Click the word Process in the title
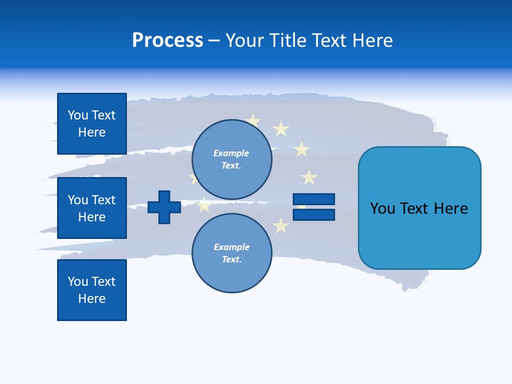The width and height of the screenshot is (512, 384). (167, 41)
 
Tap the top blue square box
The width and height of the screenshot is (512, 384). (92, 124)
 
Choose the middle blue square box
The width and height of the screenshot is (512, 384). (92, 208)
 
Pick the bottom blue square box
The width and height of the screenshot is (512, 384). (92, 290)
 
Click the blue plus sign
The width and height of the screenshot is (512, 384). (164, 207)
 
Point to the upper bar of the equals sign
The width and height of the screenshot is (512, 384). (314, 199)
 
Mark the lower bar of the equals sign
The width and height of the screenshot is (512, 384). (314, 214)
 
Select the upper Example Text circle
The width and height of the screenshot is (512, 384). (231, 159)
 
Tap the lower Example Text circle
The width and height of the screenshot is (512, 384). (231, 253)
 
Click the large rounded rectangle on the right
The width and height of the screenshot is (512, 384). (419, 208)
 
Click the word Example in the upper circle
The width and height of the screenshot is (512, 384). (231, 153)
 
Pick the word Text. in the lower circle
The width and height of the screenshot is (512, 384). (231, 260)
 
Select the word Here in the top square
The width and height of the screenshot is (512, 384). (92, 132)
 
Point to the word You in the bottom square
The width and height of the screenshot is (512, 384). (78, 281)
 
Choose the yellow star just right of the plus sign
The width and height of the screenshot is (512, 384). (204, 205)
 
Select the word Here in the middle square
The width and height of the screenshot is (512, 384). (92, 217)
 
